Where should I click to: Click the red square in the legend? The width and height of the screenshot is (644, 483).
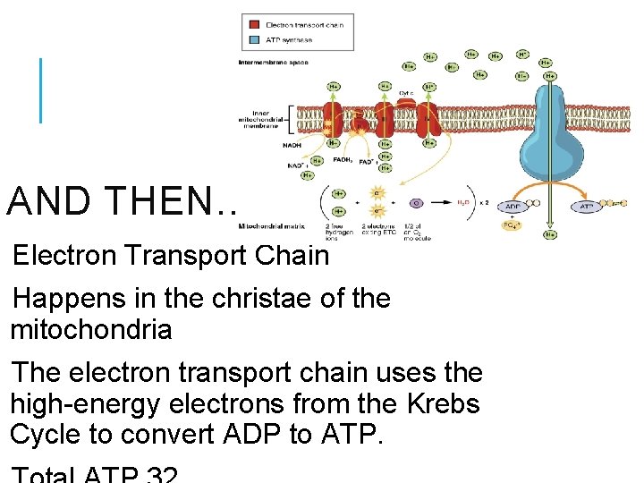(254, 24)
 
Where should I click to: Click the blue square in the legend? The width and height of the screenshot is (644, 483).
(254, 39)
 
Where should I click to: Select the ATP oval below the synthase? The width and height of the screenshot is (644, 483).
(587, 206)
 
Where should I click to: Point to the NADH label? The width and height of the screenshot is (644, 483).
(292, 145)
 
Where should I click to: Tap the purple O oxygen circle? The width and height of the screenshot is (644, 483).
(415, 203)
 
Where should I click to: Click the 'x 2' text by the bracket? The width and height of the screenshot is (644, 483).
(484, 202)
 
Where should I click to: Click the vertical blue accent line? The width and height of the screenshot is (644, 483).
(40, 89)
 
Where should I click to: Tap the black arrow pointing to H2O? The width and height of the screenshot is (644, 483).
(442, 203)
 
